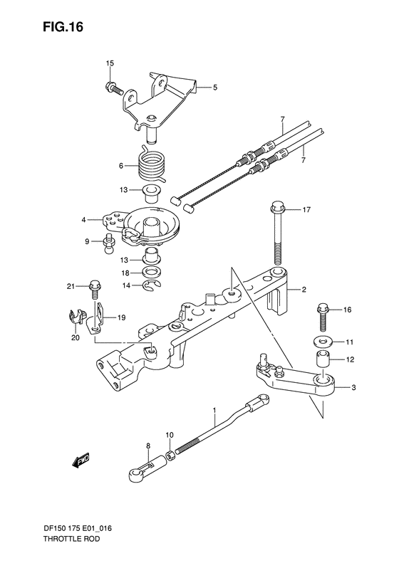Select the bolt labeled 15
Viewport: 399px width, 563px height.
(113, 89)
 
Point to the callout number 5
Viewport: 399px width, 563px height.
(214, 88)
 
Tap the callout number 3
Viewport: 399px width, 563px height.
(354, 388)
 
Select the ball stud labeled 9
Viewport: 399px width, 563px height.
(110, 243)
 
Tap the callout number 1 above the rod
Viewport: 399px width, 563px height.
(213, 411)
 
